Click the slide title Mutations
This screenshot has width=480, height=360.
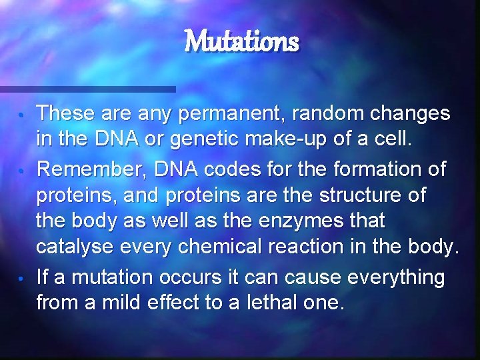(241, 42)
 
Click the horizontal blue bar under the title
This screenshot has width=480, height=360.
(87, 89)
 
